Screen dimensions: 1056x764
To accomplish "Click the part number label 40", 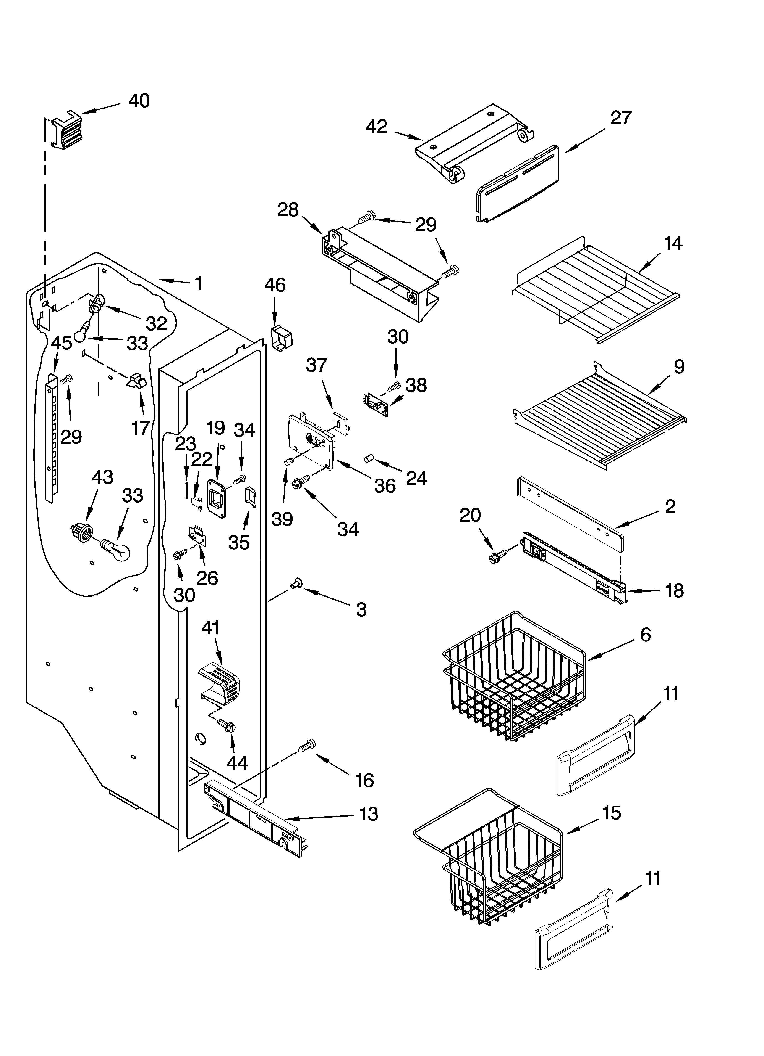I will click(x=139, y=101).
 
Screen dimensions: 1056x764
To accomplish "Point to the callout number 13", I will click(x=369, y=814).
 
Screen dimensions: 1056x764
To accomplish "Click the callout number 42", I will click(x=377, y=127).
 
